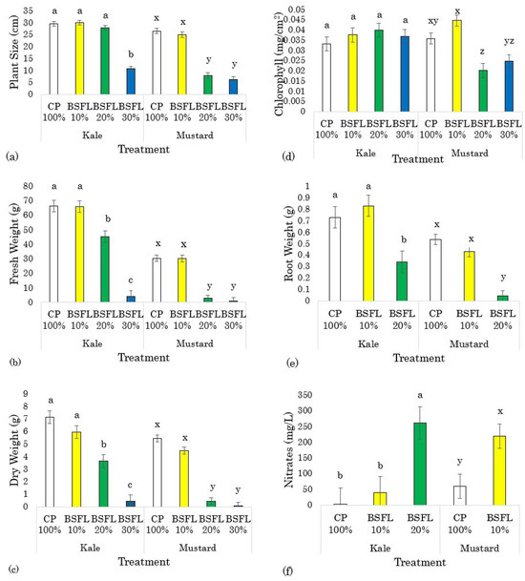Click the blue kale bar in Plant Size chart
(x=131, y=81)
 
